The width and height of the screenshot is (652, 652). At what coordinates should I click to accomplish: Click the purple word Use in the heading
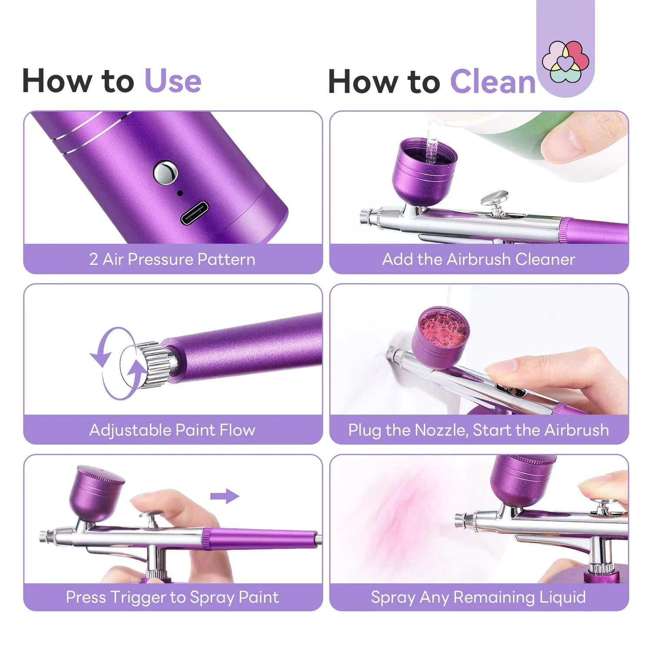[x=173, y=81]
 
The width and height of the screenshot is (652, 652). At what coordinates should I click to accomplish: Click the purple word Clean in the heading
[x=493, y=82]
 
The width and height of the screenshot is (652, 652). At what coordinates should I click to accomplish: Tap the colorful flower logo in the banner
[x=566, y=62]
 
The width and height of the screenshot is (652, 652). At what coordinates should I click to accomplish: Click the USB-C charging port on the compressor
[x=194, y=213]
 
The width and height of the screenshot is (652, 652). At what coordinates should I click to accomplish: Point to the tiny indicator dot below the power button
[x=180, y=193]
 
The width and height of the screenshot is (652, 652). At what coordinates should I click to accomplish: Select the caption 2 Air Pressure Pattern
[x=173, y=259]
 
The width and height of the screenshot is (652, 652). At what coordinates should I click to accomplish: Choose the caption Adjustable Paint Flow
[x=173, y=430]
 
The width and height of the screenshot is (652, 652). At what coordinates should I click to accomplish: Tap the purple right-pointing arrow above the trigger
[x=225, y=496]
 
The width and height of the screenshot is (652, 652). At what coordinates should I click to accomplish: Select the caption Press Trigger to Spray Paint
[x=173, y=597]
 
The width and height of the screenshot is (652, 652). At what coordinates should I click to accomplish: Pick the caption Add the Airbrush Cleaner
[x=479, y=259]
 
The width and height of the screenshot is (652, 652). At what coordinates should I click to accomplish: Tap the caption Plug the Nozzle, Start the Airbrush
[x=479, y=430]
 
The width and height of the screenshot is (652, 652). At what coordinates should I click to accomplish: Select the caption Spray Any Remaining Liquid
[x=479, y=597]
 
